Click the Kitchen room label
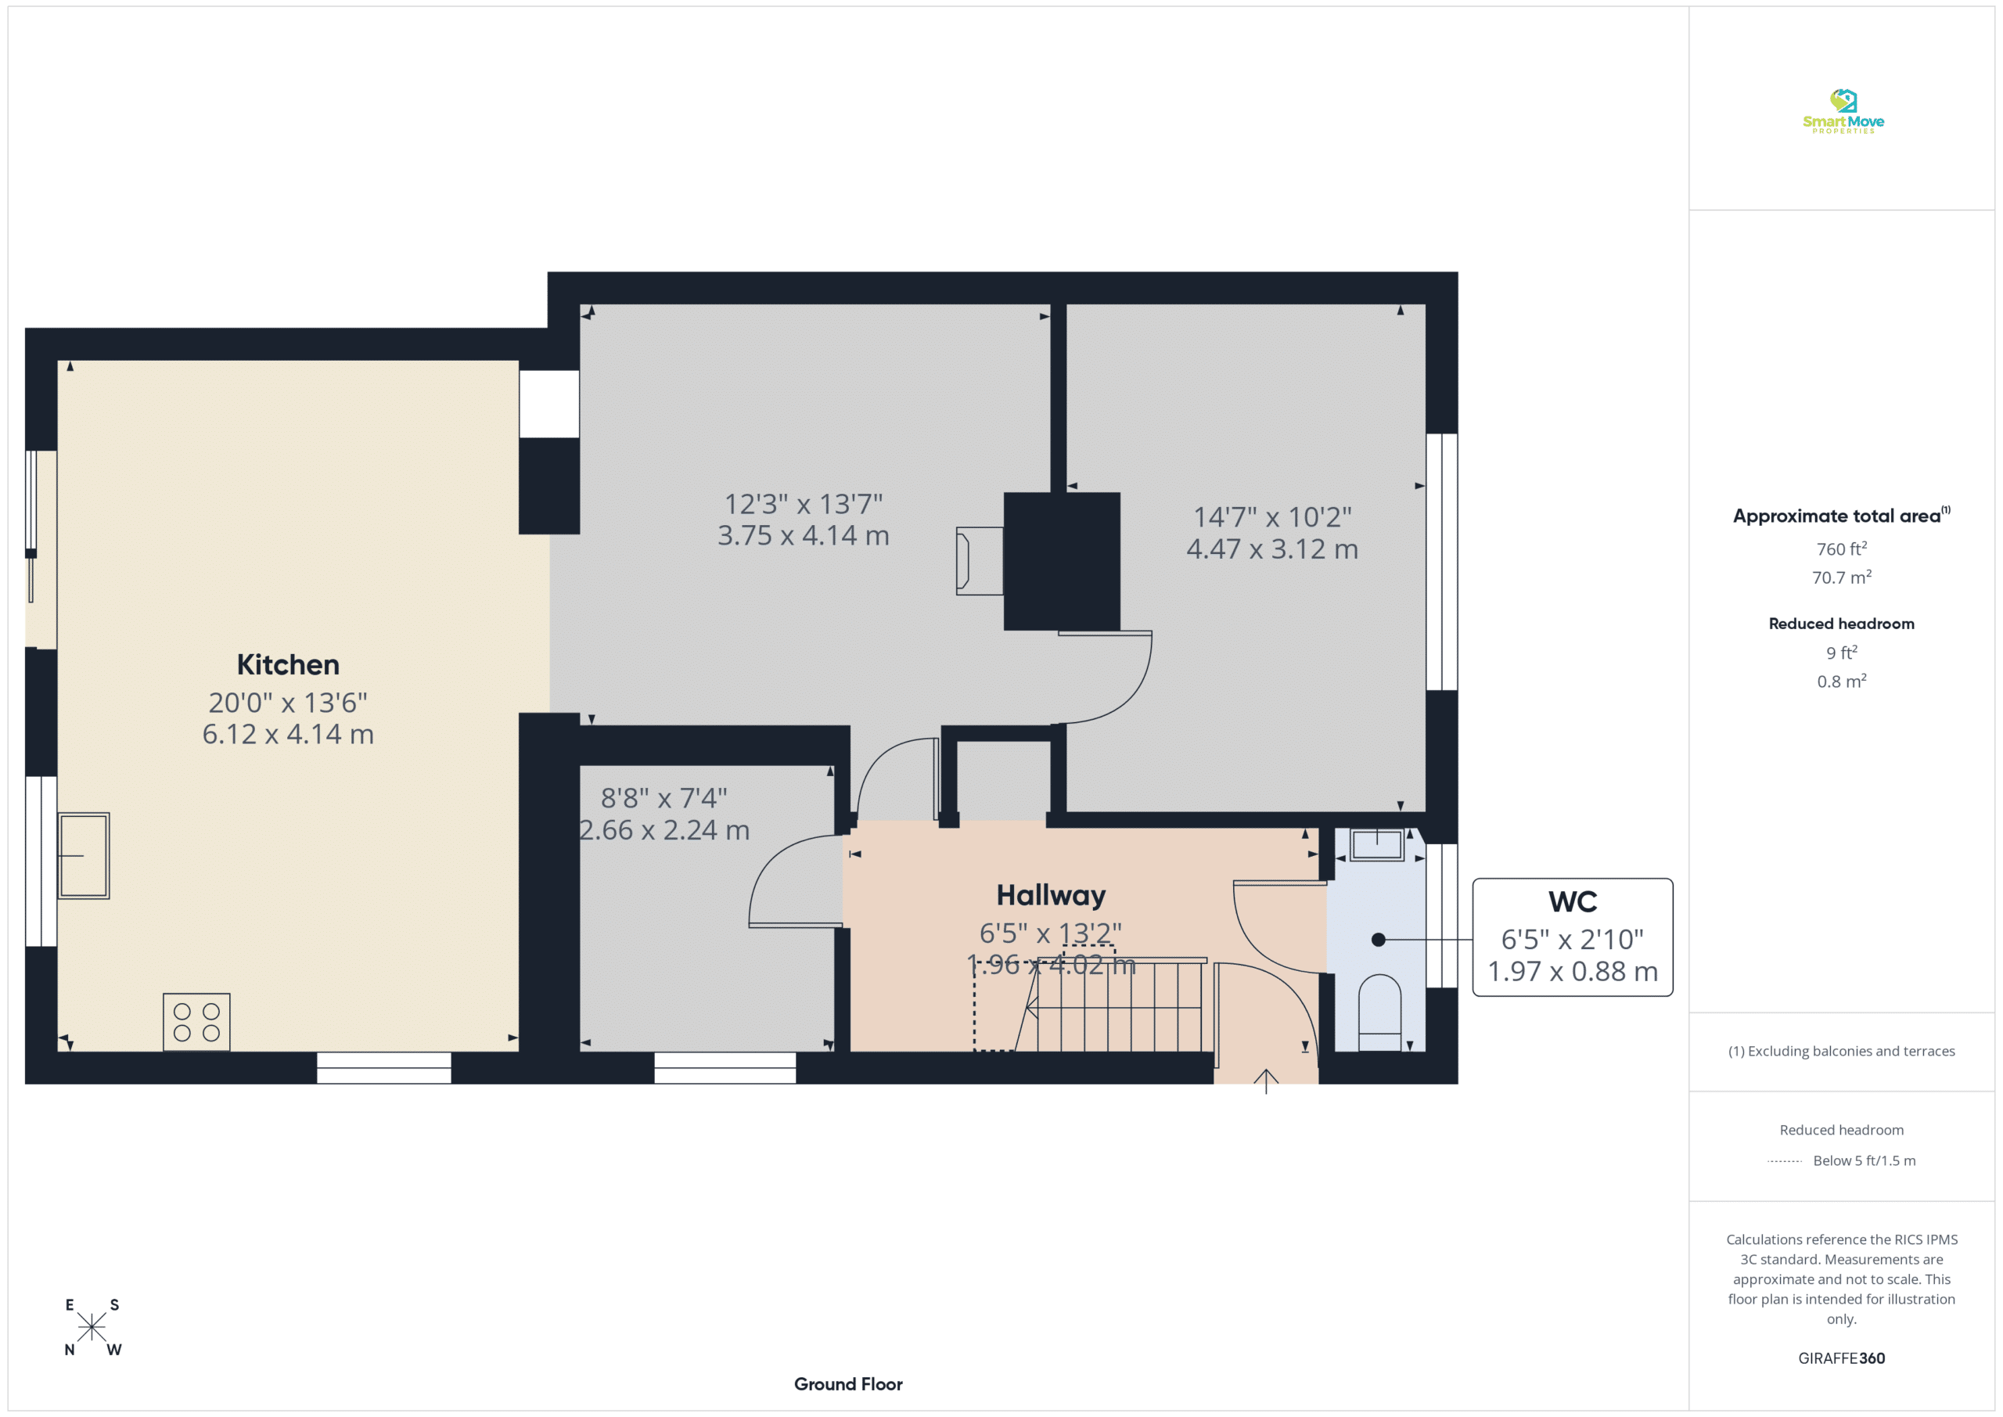288,665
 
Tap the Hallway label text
1052,896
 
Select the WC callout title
1573,902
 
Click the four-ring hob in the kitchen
197,1022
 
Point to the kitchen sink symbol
84,856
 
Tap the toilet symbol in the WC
1380,1013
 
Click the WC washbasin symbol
1378,844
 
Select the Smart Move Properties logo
1843,112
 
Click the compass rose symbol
92,1327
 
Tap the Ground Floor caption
848,1384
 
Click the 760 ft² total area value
1842,548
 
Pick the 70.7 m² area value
1842,577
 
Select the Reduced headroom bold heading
1842,624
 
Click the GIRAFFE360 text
1842,1358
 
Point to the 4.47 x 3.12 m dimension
1272,548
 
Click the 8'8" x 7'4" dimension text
664,797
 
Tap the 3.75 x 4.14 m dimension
804,535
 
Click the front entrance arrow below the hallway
1266,1081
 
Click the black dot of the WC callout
1379,940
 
